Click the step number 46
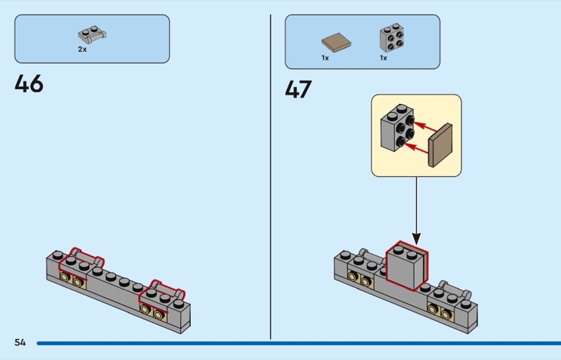click(x=29, y=84)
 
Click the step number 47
click(x=299, y=90)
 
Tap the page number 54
click(x=20, y=342)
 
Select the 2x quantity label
click(x=83, y=50)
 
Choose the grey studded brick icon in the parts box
click(x=391, y=38)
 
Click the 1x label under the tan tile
click(x=325, y=58)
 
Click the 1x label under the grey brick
click(x=384, y=58)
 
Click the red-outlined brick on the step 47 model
click(x=407, y=266)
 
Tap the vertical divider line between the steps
click(x=271, y=175)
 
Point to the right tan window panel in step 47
click(x=438, y=309)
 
